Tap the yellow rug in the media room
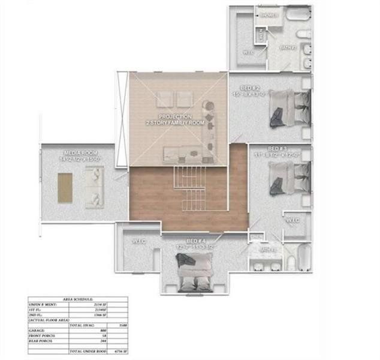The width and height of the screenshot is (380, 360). [x=65, y=186]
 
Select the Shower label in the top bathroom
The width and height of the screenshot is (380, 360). [x=269, y=16]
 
